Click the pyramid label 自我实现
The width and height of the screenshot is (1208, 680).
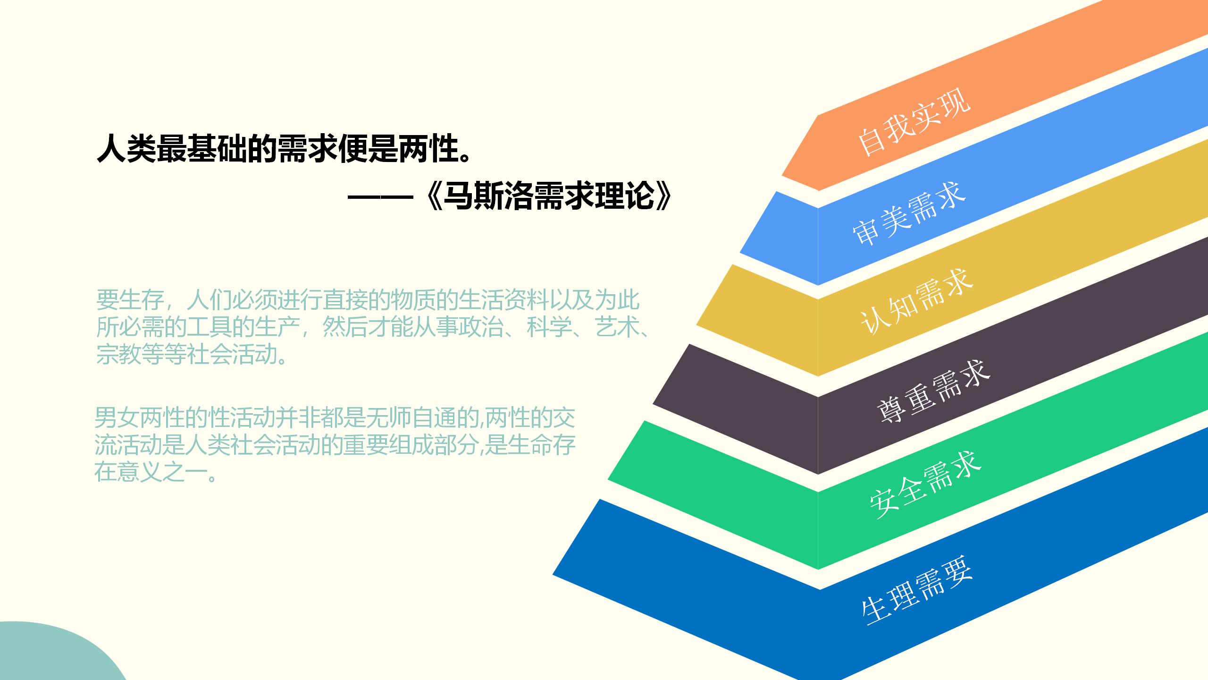pyautogui.click(x=914, y=122)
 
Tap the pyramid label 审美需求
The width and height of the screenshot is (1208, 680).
pyautogui.click(x=909, y=213)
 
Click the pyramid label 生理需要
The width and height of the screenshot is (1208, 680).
pyautogui.click(x=916, y=590)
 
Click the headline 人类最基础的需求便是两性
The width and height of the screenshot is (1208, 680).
pyautogui.click(x=285, y=148)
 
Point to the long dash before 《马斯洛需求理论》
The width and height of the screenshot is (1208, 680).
pyautogui.click(x=380, y=197)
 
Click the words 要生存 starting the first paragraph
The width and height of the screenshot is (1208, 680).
pyautogui.click(x=130, y=300)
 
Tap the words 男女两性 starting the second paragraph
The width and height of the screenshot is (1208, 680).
pyautogui.click(x=140, y=417)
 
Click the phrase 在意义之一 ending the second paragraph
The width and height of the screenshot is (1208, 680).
pyautogui.click(x=151, y=472)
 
